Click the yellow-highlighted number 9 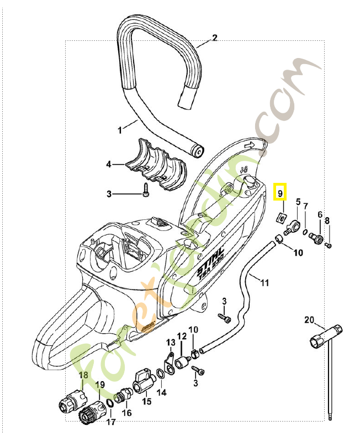pos(280,193)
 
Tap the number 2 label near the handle pos(215,38)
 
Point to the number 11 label pos(264,283)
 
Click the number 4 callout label pos(109,164)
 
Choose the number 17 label pos(111,423)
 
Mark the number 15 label pos(146,402)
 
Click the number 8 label pos(327,221)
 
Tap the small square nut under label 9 pos(280,216)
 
